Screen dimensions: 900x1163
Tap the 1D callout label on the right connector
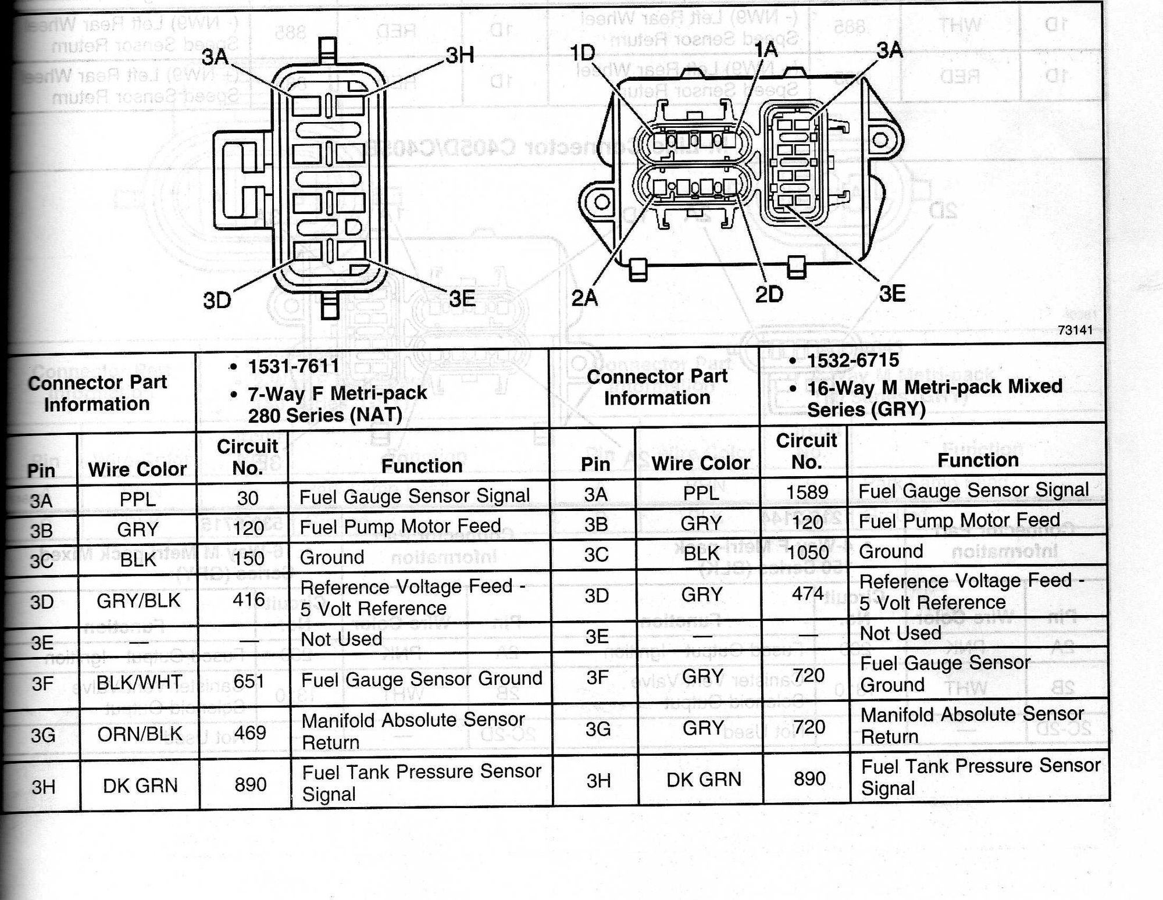pos(582,53)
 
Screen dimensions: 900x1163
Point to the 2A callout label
pos(584,298)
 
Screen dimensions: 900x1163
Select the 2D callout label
pos(769,295)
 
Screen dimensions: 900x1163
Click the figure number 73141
pos(1075,330)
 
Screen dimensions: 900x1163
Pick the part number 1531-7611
pos(293,367)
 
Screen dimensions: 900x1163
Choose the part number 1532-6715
pos(853,360)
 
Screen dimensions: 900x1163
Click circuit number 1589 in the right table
pos(807,492)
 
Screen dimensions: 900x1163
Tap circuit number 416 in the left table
pos(248,599)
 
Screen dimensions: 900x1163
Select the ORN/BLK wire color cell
pos(140,734)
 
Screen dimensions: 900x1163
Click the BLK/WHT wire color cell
pos(139,681)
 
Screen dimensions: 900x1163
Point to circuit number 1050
pos(807,552)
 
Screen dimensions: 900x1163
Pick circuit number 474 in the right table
pos(808,594)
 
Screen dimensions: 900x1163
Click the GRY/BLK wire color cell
pos(138,600)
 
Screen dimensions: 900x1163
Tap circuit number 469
pos(250,733)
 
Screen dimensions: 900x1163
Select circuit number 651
pos(249,681)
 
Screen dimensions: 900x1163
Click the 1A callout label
pos(766,50)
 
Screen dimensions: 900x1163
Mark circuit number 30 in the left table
pos(248,498)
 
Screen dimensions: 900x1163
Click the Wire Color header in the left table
pos(137,469)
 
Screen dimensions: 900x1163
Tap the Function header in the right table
pos(978,460)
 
